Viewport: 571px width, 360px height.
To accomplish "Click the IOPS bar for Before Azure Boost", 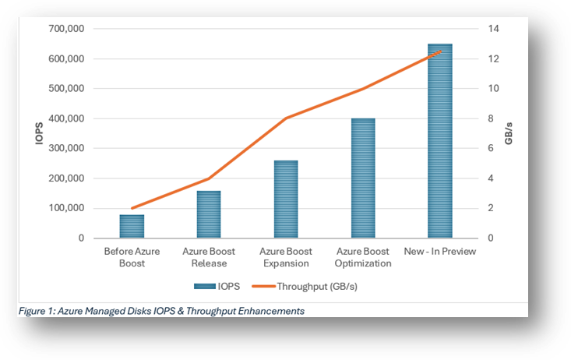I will click(132, 226).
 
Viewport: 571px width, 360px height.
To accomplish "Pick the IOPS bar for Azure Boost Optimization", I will click(363, 178).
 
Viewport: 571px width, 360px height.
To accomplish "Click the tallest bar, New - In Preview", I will click(439, 141).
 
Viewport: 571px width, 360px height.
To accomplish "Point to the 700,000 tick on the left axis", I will click(67, 29).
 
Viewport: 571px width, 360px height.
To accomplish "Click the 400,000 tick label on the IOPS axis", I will click(67, 118).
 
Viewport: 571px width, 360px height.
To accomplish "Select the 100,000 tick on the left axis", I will click(67, 208).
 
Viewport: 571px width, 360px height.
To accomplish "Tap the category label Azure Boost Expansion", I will click(286, 257).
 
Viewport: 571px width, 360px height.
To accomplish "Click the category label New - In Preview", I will click(439, 252).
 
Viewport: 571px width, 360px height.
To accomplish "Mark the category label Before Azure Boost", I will click(132, 257).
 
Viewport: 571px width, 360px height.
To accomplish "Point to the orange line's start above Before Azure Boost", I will click(132, 208).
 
